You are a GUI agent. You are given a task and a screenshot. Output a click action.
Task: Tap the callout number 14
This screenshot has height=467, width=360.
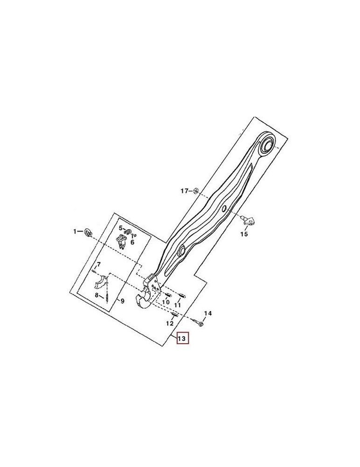[208, 313]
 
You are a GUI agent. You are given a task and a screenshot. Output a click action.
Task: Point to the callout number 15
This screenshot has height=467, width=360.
[244, 234]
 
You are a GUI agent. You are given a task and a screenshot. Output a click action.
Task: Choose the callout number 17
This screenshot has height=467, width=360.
[184, 191]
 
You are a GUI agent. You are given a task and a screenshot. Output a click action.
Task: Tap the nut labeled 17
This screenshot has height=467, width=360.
[197, 191]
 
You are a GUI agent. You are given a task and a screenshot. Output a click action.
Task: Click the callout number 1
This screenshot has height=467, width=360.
[74, 231]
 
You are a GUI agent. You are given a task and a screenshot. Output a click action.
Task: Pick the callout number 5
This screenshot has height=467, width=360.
[120, 228]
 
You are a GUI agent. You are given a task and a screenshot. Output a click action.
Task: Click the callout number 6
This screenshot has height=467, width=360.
[132, 242]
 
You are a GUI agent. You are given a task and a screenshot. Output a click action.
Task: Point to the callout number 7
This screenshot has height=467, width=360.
[98, 265]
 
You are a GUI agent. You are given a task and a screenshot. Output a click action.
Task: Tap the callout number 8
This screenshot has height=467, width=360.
[97, 295]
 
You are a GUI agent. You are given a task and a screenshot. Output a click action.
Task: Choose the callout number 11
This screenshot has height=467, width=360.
[177, 304]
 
